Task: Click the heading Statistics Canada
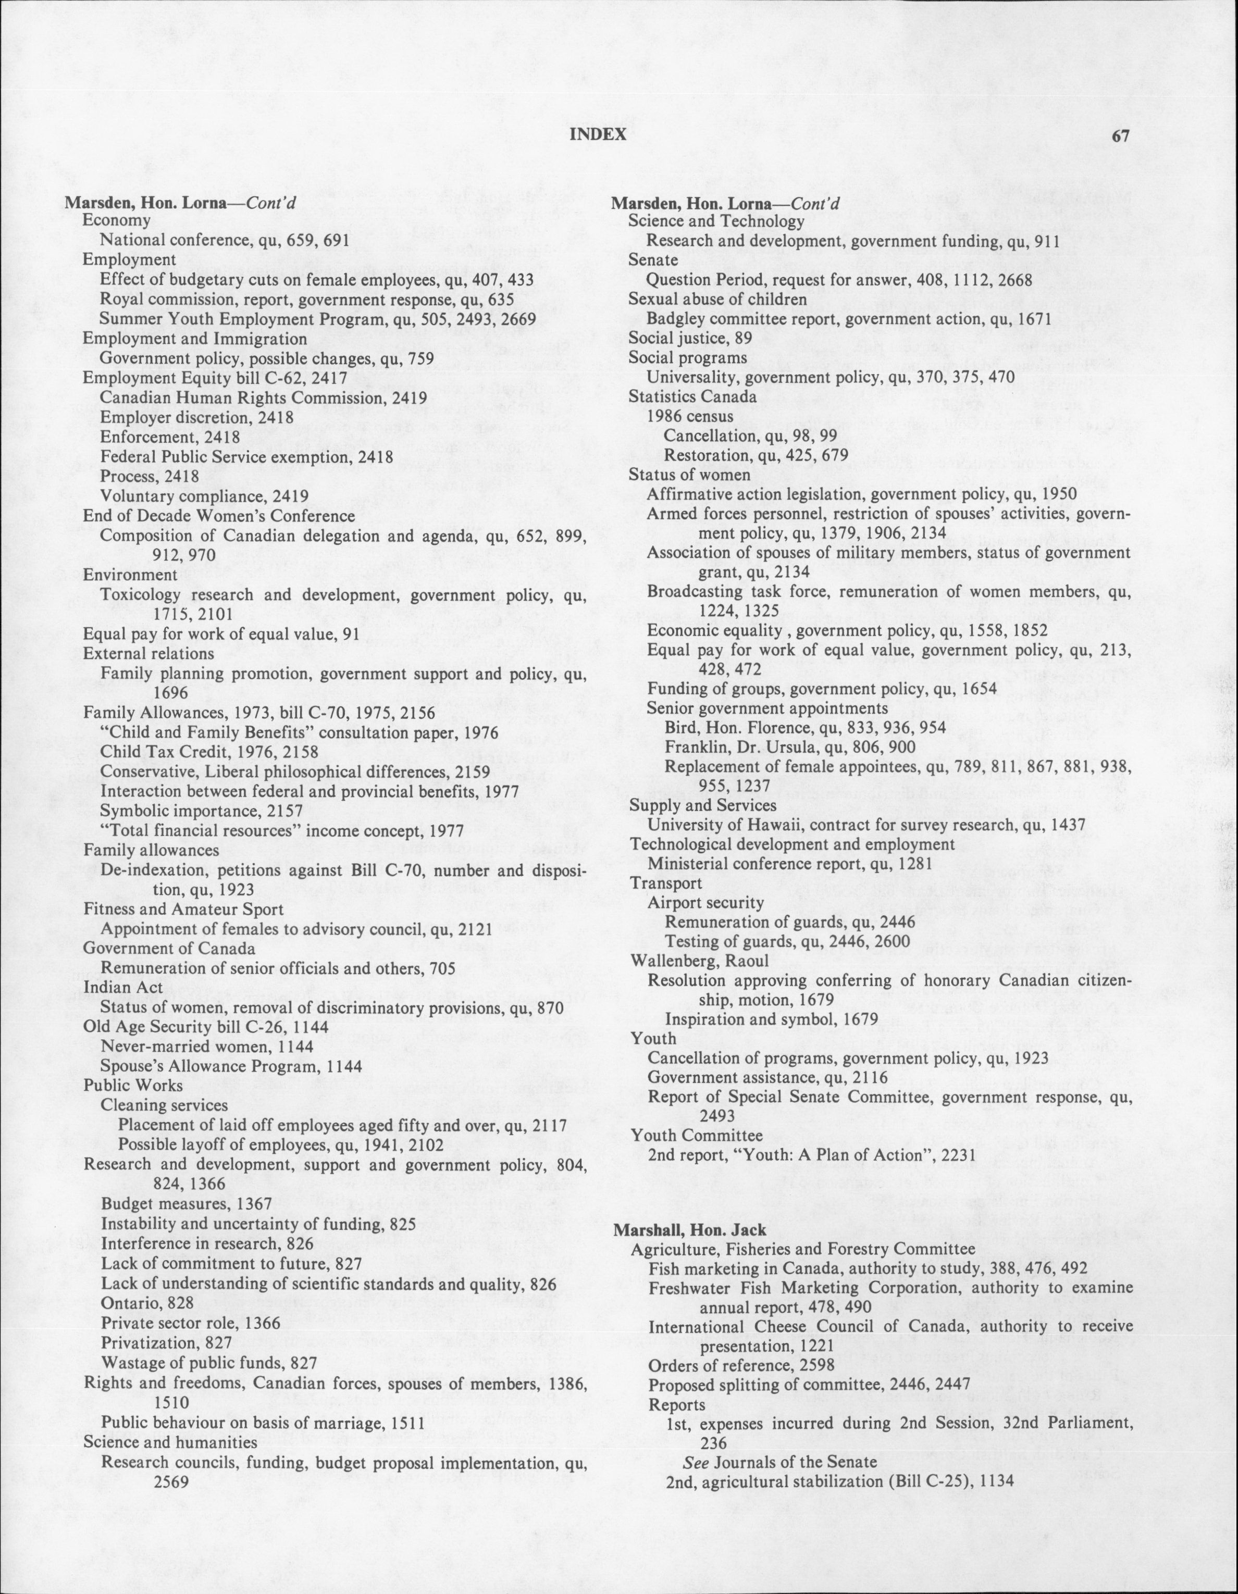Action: click(692, 397)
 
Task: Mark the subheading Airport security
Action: click(705, 902)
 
